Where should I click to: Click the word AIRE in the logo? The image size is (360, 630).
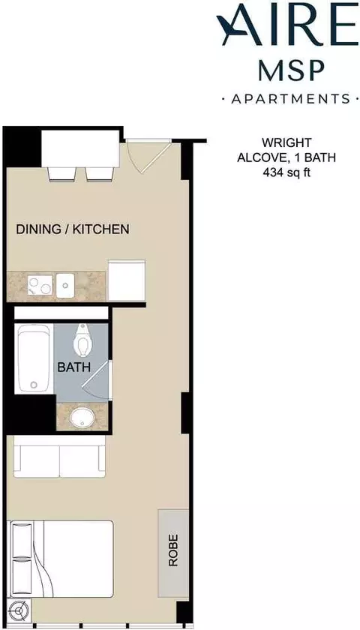coord(286,24)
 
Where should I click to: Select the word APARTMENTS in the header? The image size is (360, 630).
coord(290,99)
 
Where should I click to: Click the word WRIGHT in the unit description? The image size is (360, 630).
coord(286,142)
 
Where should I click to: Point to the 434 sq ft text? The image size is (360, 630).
coord(286,172)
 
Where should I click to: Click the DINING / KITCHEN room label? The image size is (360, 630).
coord(73,229)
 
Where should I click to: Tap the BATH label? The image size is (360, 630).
coord(74,367)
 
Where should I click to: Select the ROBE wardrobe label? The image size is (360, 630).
coord(173,550)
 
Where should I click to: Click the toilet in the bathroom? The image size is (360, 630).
coord(82,340)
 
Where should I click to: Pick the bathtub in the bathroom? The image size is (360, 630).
coord(34,358)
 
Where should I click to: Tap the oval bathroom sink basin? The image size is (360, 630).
coord(82,418)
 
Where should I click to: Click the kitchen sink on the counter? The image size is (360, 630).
coord(65,286)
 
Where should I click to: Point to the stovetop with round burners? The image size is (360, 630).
coord(40,286)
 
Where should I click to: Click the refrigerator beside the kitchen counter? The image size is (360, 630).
coord(127,280)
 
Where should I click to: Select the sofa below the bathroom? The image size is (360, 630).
coord(59,457)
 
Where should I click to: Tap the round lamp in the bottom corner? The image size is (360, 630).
coord(19,611)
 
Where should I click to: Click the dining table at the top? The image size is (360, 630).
coord(80,148)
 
